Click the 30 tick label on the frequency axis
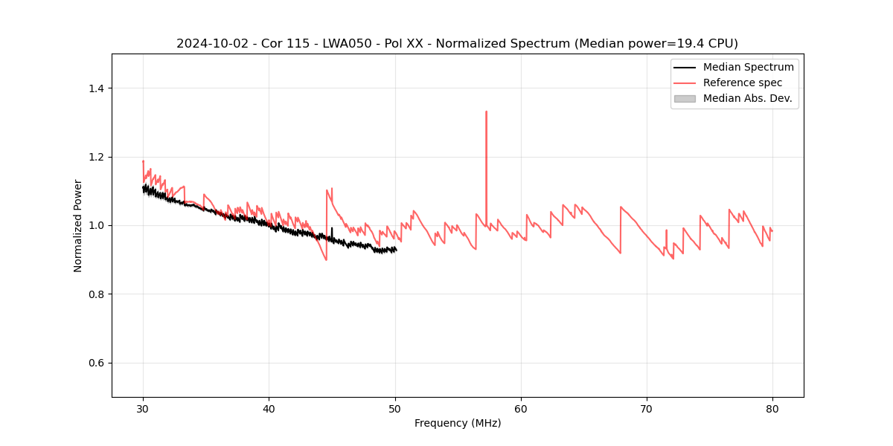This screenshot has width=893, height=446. (143, 408)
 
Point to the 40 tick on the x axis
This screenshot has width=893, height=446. (269, 408)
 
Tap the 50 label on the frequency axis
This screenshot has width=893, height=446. (395, 408)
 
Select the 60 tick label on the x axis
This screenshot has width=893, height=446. (521, 408)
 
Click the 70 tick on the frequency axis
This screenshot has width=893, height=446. (647, 408)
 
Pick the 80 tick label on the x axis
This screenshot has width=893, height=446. (772, 408)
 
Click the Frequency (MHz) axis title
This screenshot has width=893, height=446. (458, 423)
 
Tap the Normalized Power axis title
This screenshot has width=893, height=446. (78, 225)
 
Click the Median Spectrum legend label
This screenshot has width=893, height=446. (748, 67)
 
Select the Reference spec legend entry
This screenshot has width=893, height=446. (743, 83)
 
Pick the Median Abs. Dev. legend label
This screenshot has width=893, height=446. (747, 98)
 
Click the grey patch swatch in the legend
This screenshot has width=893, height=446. (685, 98)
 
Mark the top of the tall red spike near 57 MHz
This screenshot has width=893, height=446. (486, 111)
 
